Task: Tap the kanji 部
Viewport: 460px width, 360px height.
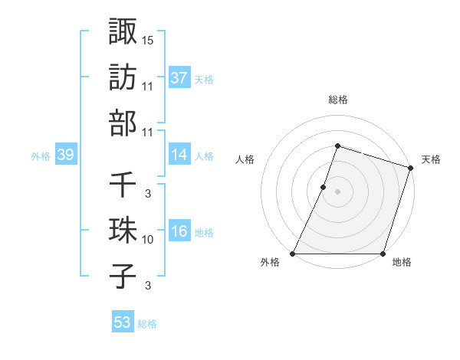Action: point(123,123)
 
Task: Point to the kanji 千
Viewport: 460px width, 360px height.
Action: point(123,185)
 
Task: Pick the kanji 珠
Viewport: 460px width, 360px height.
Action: point(123,231)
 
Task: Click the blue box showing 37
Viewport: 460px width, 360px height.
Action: point(179,77)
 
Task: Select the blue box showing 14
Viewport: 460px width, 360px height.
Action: point(179,155)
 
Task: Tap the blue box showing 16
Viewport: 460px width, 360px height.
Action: point(179,231)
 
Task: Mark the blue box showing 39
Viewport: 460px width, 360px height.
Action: point(65,155)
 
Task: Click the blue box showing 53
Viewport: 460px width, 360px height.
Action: point(123,322)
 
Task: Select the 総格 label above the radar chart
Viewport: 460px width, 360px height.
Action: point(337,100)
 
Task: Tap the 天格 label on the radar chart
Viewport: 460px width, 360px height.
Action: point(431,159)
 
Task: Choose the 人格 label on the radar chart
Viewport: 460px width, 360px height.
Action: point(245,159)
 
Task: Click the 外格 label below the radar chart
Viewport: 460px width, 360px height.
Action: point(271,262)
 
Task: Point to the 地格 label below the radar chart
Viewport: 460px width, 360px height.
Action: point(402,262)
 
